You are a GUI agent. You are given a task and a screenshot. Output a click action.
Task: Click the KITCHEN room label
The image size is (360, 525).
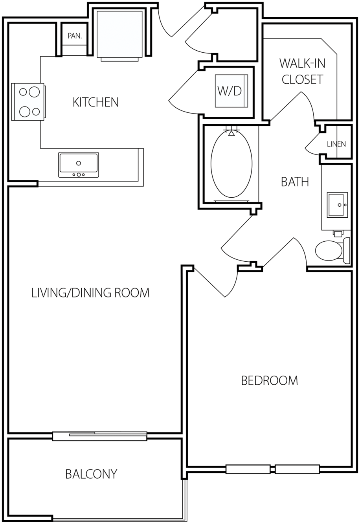click(96, 102)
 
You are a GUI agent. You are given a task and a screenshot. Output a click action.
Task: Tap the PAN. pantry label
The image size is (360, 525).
click(75, 36)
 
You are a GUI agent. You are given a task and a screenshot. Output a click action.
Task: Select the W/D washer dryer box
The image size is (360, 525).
click(231, 91)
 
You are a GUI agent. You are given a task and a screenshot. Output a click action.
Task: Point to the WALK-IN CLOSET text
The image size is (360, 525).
click(302, 71)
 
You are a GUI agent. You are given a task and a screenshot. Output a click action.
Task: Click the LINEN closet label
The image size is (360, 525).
click(336, 144)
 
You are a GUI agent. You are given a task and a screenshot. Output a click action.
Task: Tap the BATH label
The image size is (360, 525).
click(295, 182)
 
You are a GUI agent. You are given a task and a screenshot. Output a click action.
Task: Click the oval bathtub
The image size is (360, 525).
click(231, 164)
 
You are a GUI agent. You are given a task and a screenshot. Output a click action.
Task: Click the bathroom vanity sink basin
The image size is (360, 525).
click(337, 205)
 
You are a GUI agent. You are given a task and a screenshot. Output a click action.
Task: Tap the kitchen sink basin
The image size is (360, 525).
click(79, 165)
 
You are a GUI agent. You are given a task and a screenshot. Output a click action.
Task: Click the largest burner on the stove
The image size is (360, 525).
click(34, 92)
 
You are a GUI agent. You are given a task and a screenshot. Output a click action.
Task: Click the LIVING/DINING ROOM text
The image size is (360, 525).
click(90, 293)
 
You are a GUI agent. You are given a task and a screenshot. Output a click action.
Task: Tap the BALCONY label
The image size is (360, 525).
click(91, 474)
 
